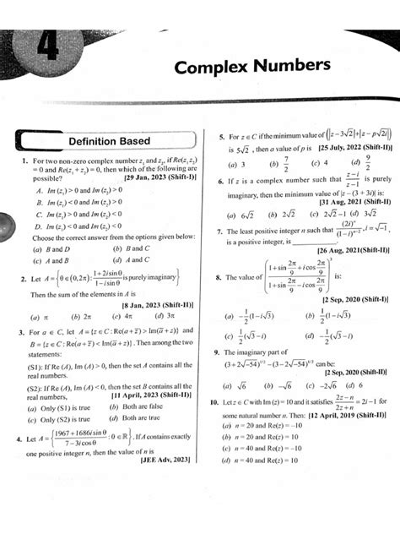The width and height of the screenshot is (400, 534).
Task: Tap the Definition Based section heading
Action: click(109, 141)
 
